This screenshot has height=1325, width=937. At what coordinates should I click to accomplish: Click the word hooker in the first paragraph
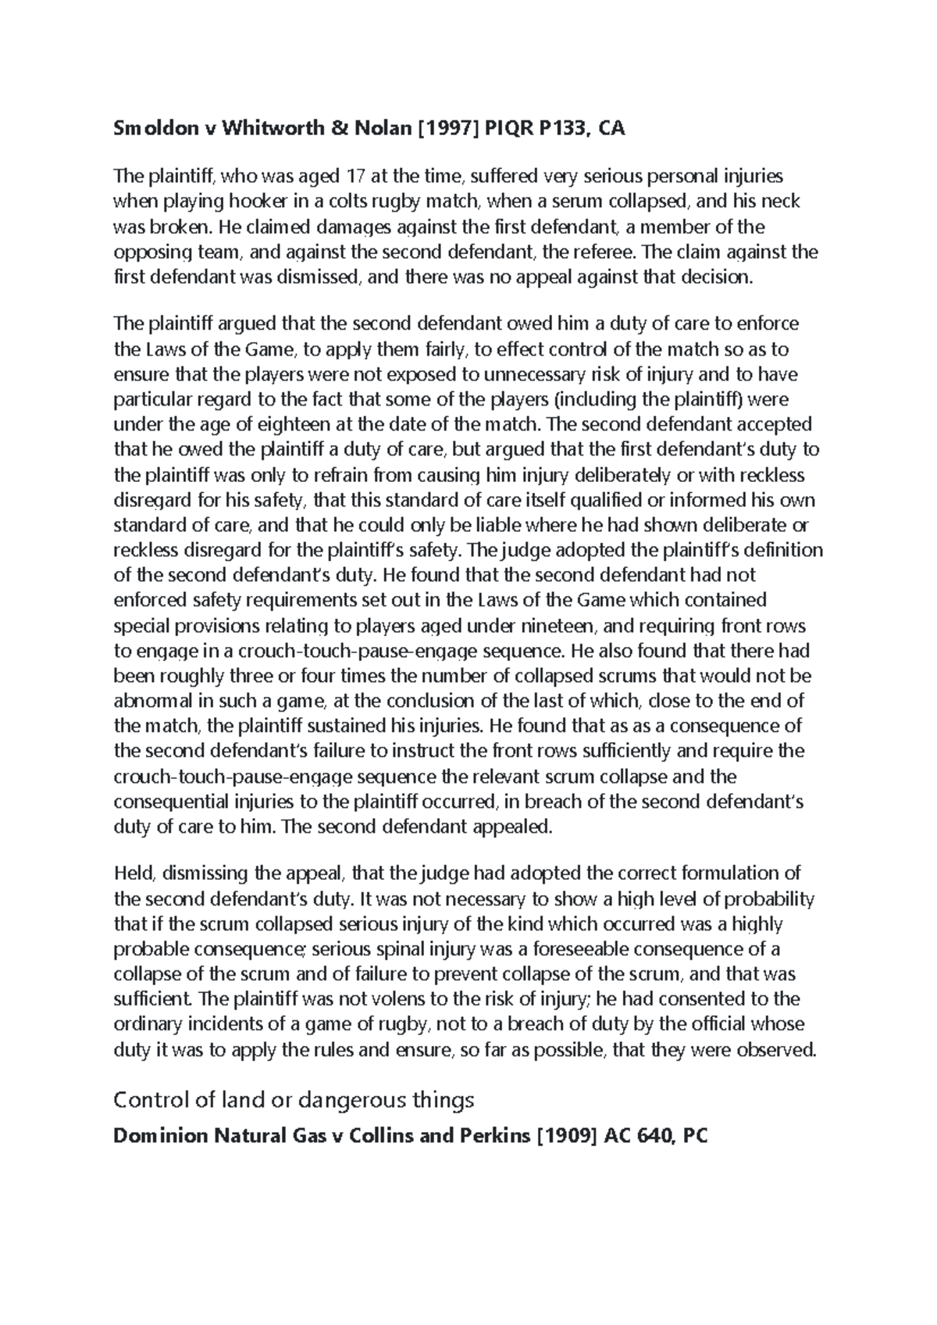click(255, 202)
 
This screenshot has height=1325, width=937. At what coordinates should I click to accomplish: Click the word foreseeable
click(577, 948)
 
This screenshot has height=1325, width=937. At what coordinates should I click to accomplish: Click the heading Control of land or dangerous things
click(294, 1100)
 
